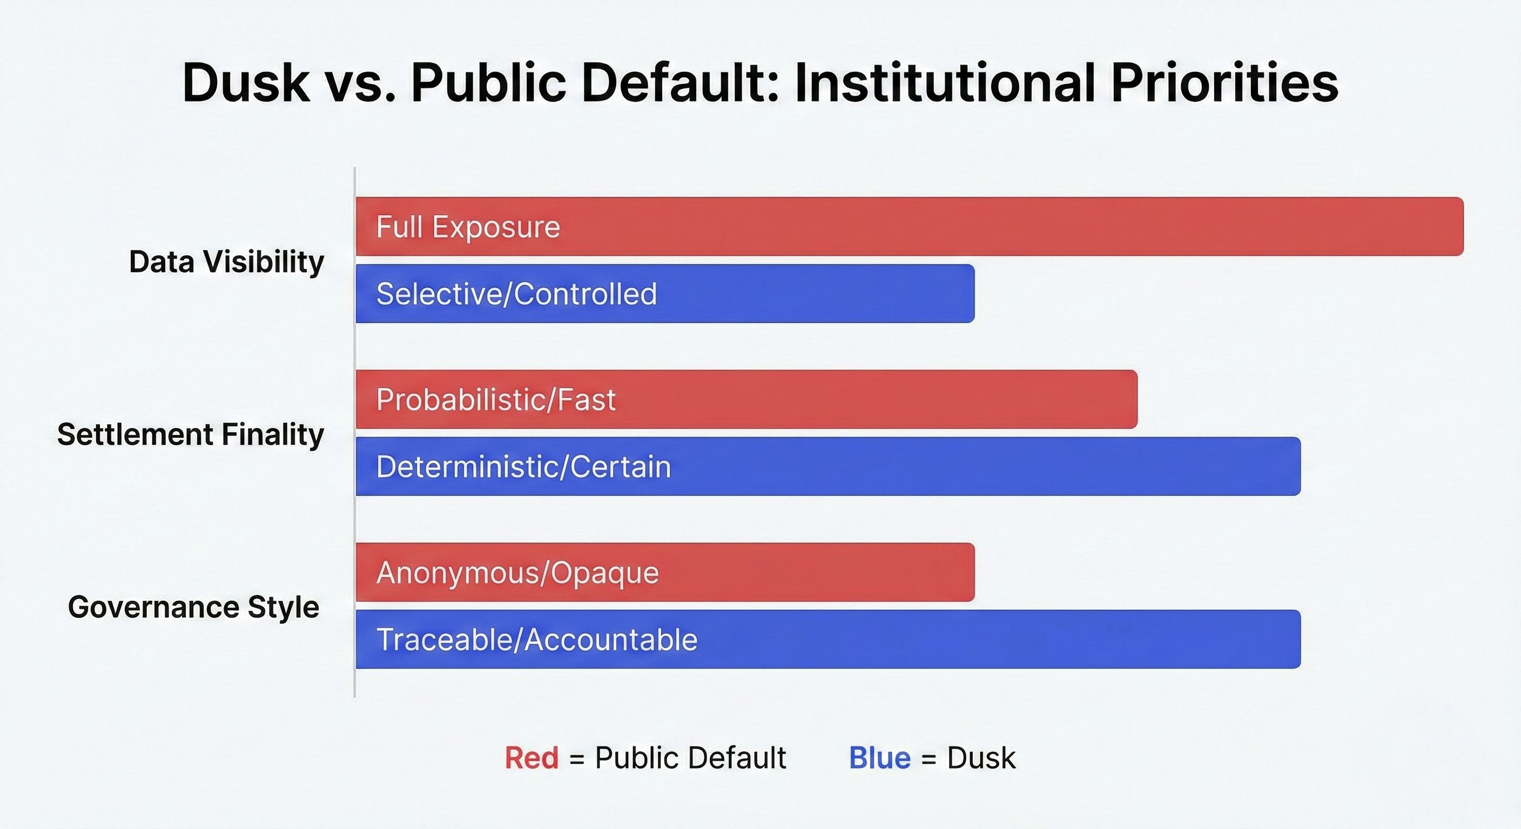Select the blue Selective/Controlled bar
[665, 294]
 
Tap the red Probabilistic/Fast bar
[746, 399]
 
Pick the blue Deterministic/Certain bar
[828, 467]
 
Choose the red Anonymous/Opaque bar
[665, 572]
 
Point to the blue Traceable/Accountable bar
[828, 640]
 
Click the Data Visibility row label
[227, 262]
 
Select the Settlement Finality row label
[191, 435]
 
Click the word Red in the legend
[531, 758]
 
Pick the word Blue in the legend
[880, 758]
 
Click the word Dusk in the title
[246, 83]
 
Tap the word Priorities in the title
[1224, 83]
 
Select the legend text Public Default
[690, 758]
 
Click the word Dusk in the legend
[981, 758]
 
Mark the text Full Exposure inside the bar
[468, 227]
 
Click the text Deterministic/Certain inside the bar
[524, 467]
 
